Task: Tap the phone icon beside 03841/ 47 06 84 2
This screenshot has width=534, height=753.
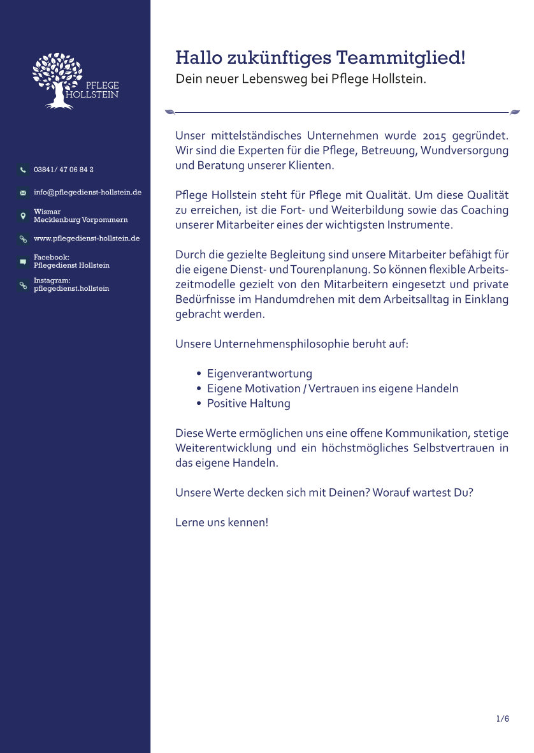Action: (23, 170)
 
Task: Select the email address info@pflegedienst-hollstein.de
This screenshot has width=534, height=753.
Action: (87, 192)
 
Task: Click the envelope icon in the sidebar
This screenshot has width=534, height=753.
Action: (23, 193)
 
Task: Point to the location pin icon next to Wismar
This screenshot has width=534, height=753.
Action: (23, 216)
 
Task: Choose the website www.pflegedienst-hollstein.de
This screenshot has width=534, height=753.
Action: (87, 238)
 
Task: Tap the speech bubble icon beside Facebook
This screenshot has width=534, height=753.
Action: (23, 261)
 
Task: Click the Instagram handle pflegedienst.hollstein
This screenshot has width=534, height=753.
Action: (71, 289)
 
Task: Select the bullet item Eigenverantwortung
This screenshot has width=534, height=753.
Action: (259, 374)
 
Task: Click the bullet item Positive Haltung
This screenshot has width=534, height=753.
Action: (249, 404)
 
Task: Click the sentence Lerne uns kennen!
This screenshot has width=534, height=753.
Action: (222, 522)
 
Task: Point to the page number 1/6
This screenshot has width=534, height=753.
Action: (503, 719)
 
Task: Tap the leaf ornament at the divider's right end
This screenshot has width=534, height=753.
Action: (515, 112)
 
